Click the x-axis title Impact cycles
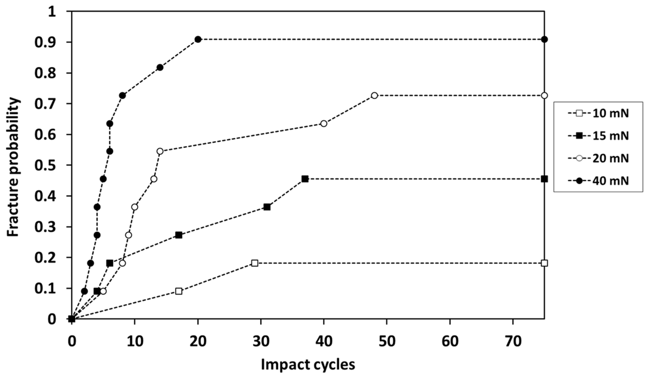point(308,365)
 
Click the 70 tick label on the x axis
point(513,342)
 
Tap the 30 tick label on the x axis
point(261,342)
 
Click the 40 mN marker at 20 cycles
point(198,39)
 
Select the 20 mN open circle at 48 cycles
point(374,95)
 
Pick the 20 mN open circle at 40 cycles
point(324,124)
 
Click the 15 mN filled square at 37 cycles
point(305,179)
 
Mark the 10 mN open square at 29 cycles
point(255,263)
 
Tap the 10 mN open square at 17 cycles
point(179,291)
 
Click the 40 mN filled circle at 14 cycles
point(160,67)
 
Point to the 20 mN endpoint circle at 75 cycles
point(544,95)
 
